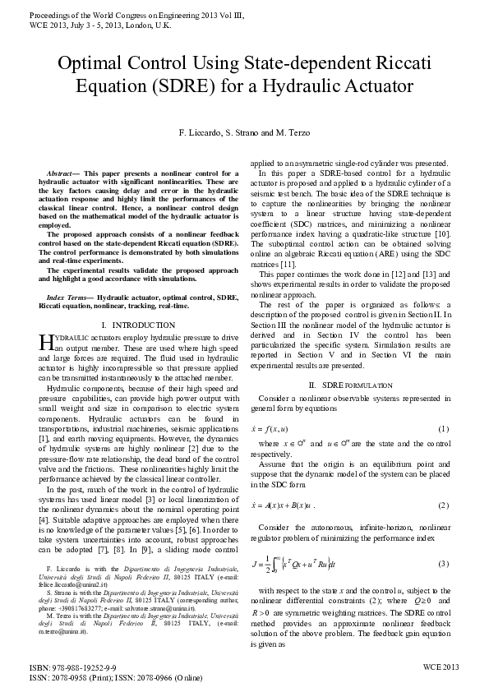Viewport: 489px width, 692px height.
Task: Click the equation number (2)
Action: coord(443,505)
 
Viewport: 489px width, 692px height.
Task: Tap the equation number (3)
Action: coord(443,563)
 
